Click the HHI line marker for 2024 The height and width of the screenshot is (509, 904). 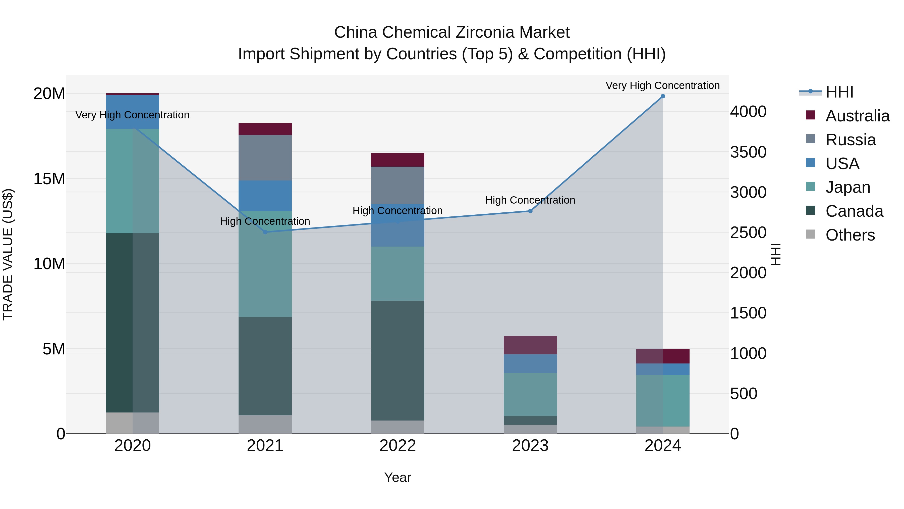coord(663,96)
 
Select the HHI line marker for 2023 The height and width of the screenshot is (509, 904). coord(530,211)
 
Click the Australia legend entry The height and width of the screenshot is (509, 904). coord(857,116)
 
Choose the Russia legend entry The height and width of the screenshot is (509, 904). coord(851,140)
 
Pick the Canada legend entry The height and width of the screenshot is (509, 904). coord(854,211)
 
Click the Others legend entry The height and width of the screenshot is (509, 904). coord(850,235)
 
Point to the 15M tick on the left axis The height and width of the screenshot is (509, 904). coord(49,179)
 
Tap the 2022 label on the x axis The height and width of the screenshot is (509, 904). coord(398,445)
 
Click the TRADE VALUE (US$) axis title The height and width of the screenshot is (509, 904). coord(8,254)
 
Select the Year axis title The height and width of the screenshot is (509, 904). coord(398,477)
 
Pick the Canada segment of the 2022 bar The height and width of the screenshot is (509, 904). coord(398,360)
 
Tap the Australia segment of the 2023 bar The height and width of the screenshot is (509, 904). coord(530,345)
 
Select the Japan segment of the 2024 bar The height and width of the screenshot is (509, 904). coord(663,400)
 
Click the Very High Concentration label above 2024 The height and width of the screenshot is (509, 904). coord(663,85)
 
